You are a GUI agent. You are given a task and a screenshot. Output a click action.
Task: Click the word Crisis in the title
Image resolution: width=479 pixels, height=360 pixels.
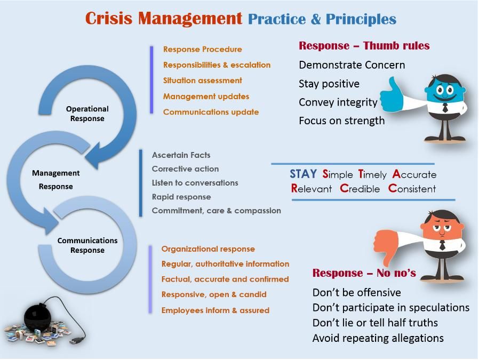109,18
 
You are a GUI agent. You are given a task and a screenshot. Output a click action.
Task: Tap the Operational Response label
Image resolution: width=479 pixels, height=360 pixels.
87,114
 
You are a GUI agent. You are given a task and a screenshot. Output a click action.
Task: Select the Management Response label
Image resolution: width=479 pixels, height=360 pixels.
55,180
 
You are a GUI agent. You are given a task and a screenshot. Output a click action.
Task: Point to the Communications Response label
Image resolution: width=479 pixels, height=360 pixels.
87,245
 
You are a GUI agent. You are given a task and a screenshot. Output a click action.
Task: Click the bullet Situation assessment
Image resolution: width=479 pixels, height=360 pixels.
203,81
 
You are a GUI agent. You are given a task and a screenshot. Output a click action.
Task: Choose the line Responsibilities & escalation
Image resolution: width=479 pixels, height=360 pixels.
217,65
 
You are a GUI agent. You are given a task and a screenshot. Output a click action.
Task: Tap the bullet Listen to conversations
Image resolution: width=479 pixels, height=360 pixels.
195,183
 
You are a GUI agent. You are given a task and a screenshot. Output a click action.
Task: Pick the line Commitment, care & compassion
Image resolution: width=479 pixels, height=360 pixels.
216,211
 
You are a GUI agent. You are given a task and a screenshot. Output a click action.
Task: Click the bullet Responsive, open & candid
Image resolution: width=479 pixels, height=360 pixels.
214,294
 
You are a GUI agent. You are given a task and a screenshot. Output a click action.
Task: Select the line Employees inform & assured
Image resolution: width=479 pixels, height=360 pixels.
215,310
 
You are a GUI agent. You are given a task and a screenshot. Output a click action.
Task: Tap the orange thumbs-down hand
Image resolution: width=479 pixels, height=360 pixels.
386,246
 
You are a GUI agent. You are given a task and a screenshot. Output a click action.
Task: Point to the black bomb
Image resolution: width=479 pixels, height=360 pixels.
38,317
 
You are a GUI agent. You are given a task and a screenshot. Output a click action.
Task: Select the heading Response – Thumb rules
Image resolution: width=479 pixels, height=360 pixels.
364,46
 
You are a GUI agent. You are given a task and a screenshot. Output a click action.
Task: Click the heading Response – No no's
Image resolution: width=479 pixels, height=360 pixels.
364,273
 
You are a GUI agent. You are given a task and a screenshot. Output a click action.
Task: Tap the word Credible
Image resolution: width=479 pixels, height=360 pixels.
360,188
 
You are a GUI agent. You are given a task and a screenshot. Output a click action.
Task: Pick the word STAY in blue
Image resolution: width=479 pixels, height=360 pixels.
303,174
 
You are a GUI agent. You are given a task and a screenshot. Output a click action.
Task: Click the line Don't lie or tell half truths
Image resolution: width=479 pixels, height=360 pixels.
375,323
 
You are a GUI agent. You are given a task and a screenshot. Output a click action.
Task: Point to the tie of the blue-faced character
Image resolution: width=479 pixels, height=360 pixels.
445,108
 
